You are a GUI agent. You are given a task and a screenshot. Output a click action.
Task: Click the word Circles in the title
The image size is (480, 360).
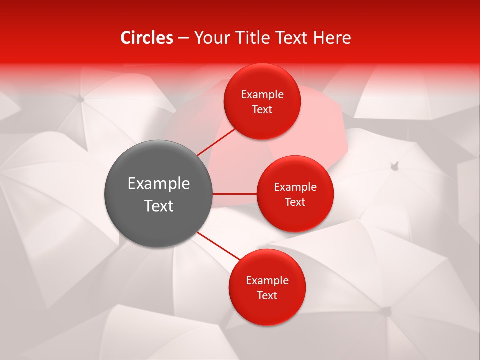147,38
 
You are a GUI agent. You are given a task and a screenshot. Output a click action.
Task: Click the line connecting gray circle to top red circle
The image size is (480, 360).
217,142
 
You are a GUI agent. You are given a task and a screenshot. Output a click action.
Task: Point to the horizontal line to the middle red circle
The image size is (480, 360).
234,194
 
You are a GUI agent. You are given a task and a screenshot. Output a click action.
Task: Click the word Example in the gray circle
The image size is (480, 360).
159,184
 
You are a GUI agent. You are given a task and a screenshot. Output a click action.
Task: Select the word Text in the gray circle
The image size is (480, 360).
159,206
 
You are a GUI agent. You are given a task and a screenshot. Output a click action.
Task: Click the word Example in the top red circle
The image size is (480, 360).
262,95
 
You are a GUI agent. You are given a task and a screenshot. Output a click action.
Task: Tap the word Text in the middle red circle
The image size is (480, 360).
295,202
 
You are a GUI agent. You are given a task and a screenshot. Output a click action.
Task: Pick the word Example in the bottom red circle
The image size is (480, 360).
267,281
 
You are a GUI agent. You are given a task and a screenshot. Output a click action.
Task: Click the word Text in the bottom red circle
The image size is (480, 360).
267,296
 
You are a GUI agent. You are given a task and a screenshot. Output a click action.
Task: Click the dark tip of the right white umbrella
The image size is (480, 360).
395,165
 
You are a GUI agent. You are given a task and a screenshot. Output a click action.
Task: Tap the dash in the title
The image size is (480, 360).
183,38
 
